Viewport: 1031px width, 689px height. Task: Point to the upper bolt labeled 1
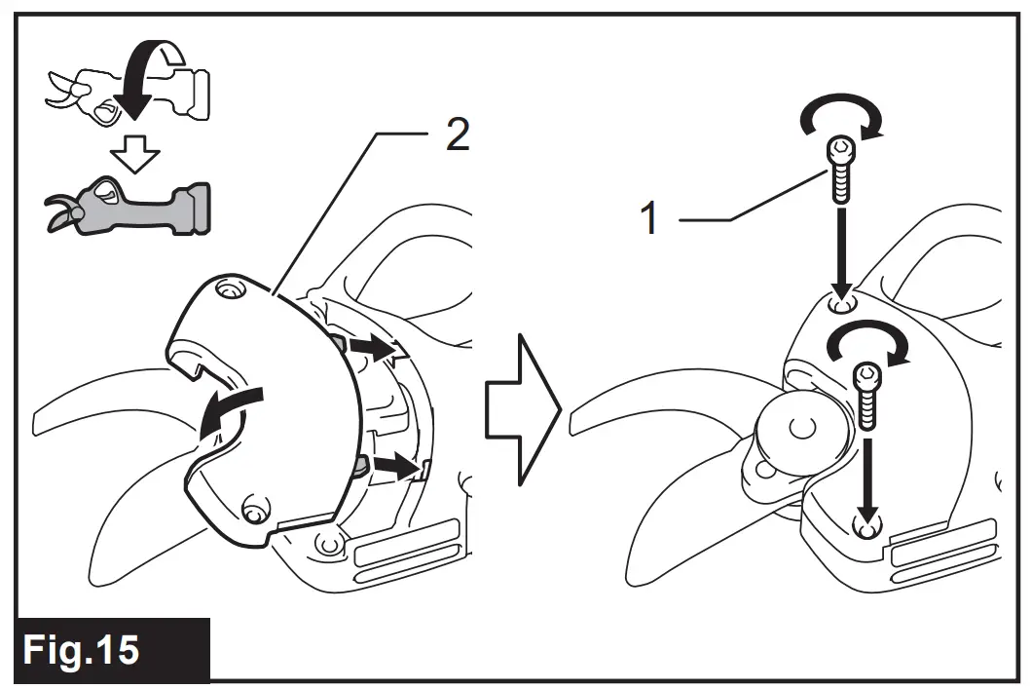pos(838,169)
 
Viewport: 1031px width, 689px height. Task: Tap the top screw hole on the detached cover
pos(229,289)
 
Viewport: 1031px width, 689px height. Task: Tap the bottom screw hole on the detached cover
pos(254,509)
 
